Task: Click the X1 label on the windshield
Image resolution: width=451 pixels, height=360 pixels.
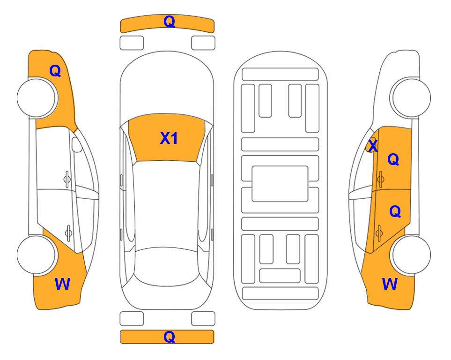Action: (x=169, y=138)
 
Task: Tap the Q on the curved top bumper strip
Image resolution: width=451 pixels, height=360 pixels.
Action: (x=170, y=21)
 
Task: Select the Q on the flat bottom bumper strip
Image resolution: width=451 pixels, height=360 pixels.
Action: (x=170, y=337)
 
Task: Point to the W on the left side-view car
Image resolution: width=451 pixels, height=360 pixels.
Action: (x=62, y=284)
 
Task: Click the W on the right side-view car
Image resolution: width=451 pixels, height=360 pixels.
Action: (x=390, y=284)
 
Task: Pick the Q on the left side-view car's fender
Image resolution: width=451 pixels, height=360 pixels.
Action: (x=55, y=71)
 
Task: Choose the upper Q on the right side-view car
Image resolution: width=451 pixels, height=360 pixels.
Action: (x=393, y=159)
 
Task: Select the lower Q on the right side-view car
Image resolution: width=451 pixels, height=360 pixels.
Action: (x=395, y=212)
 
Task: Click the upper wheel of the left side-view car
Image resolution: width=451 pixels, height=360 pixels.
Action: (x=37, y=97)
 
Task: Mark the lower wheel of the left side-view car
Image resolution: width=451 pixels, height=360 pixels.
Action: (x=36, y=255)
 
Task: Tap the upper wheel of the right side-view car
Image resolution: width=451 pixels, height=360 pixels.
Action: (x=411, y=97)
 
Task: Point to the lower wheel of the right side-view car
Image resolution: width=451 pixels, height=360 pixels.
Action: (x=412, y=255)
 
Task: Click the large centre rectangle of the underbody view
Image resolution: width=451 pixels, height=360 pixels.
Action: (x=280, y=184)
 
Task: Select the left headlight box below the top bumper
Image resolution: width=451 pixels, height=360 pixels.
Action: (x=132, y=43)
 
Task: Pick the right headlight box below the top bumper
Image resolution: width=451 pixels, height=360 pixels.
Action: (x=203, y=43)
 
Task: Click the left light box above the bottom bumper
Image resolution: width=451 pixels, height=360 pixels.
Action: (x=132, y=319)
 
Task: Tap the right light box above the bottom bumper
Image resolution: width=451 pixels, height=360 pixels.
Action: (x=203, y=319)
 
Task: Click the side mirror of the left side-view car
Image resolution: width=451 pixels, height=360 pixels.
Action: (x=77, y=144)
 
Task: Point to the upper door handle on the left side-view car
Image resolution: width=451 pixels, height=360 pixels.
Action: (x=67, y=180)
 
